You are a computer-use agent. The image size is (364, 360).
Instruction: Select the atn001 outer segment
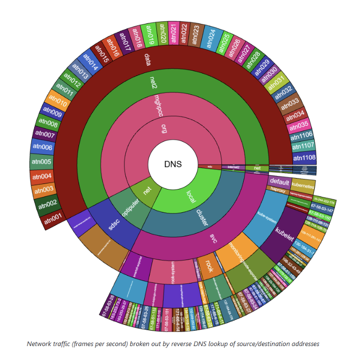click(x=54, y=217)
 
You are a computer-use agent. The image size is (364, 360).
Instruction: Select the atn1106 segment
click(x=302, y=135)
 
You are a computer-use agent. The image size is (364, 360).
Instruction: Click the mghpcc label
click(x=157, y=104)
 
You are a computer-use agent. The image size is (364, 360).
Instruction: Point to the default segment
click(x=280, y=181)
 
